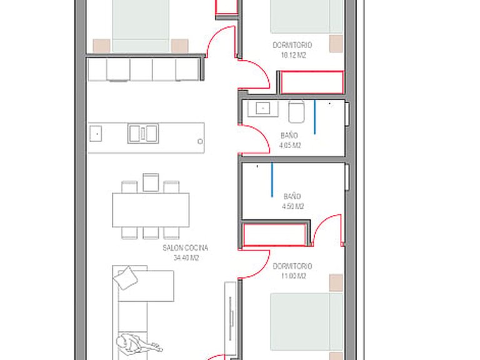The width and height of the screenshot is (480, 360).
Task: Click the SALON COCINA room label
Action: [185, 247]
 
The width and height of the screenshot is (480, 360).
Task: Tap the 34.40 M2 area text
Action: [186, 257]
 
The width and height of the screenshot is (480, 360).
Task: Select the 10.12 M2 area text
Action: [293, 55]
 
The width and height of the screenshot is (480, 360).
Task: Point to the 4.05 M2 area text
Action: [290, 145]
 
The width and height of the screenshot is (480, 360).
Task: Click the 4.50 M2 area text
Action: [292, 206]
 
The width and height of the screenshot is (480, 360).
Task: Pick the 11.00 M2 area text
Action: [293, 276]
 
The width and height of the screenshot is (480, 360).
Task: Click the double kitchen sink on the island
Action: [143, 133]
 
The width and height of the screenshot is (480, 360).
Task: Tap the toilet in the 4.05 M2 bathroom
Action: [296, 112]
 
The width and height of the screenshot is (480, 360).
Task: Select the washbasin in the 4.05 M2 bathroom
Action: [262, 108]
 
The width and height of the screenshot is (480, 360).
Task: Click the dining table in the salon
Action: [151, 210]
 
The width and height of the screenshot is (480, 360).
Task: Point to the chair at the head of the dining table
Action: [151, 182]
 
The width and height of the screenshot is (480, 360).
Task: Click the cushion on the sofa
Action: [126, 277]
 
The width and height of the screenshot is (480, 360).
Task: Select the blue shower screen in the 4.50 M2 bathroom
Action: [272, 180]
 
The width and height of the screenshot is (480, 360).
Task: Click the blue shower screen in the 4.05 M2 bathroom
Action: [314, 117]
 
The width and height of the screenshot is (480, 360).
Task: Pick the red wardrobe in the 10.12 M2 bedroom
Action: [312, 82]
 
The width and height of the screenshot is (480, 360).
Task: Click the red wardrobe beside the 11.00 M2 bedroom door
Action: [274, 234]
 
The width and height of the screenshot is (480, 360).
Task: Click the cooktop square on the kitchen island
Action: [96, 134]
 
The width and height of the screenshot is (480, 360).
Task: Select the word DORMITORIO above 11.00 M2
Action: [292, 266]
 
